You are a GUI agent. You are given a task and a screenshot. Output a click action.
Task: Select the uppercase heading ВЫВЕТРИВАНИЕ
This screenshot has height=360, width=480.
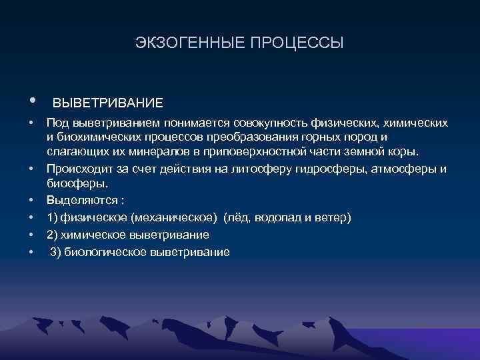(x=107, y=104)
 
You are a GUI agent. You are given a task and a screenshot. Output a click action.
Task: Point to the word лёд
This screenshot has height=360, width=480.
(x=243, y=217)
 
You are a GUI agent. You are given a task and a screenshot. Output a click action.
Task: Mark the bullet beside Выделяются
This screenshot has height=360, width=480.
(x=31, y=200)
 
